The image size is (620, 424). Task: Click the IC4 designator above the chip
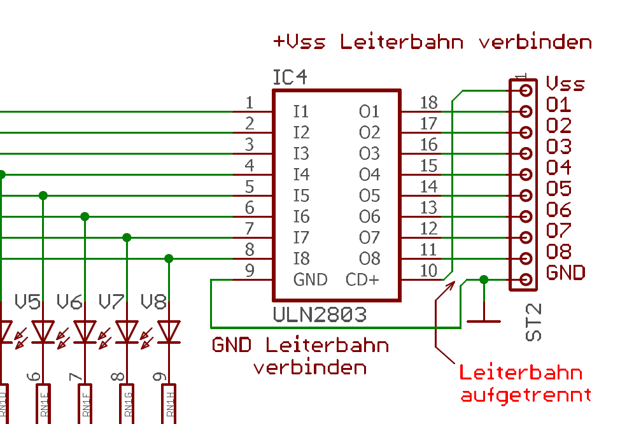[290, 78]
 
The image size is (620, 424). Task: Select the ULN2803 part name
[320, 314]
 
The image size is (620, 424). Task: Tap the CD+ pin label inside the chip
[362, 279]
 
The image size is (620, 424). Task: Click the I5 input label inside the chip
[301, 195]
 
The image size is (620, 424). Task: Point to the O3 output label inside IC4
[369, 153]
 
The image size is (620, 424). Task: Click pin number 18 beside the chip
[429, 102]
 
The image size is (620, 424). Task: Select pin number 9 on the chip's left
[250, 271]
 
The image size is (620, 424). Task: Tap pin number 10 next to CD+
[429, 271]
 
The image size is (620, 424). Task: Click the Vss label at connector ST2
[565, 84]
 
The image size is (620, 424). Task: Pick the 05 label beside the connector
[559, 189]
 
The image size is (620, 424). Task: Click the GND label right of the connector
[565, 273]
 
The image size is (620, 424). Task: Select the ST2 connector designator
[535, 322]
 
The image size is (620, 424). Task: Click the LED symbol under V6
[85, 331]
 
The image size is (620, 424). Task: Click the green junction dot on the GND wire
[484, 279]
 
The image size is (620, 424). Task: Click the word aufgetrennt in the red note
[525, 395]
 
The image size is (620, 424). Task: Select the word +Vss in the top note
[299, 43]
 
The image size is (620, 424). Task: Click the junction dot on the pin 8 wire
[169, 258]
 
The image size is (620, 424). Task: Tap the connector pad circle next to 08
[526, 258]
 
